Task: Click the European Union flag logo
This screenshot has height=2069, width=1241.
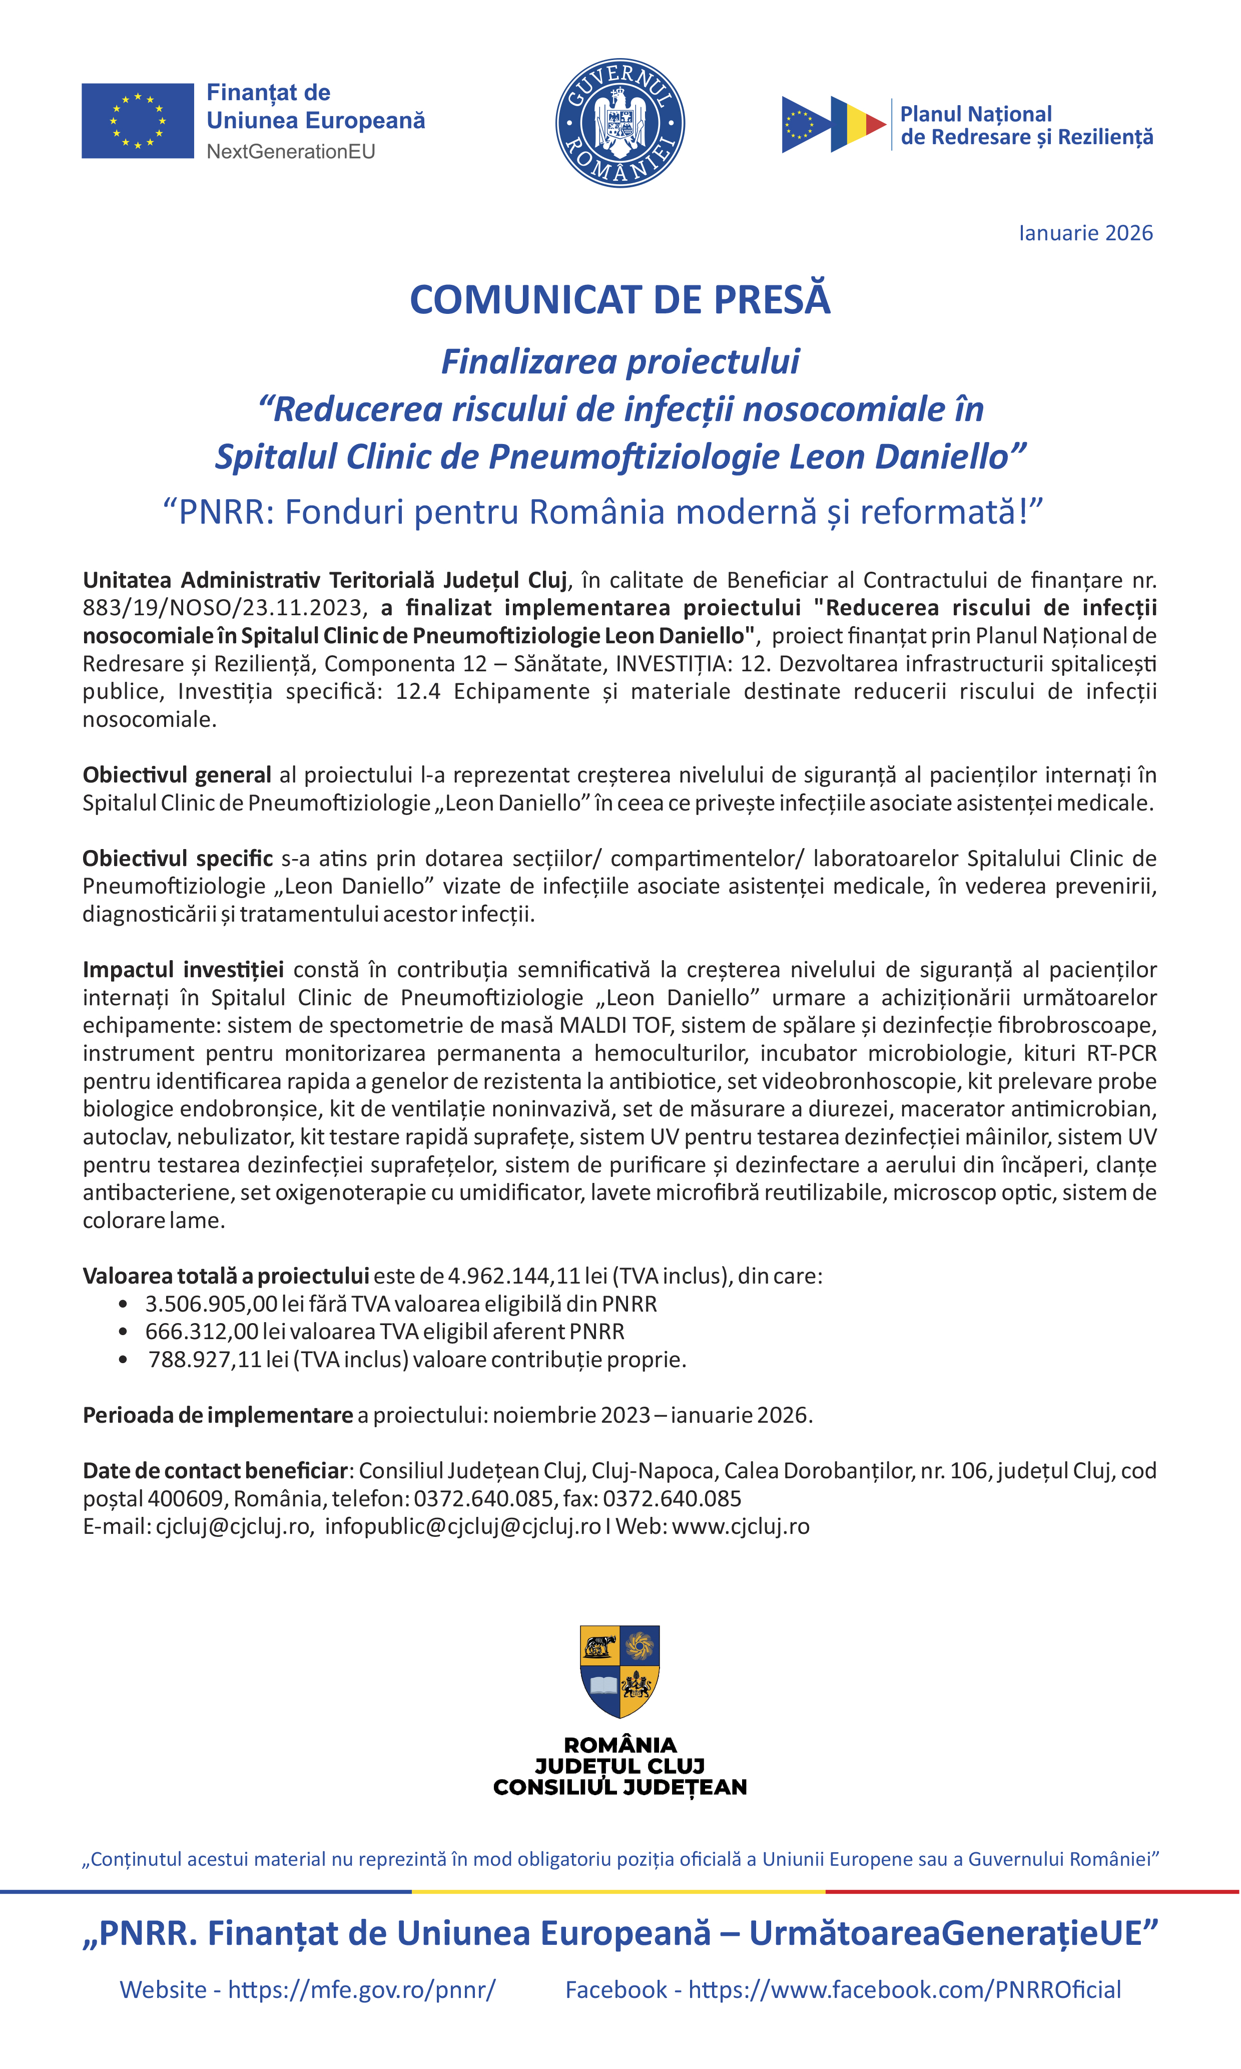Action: pyautogui.click(x=137, y=121)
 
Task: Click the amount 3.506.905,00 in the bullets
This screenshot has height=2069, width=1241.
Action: pyautogui.click(x=211, y=1304)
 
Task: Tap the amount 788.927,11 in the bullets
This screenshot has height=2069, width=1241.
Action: pyautogui.click(x=205, y=1360)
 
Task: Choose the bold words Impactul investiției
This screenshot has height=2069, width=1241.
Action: pyautogui.click(x=182, y=970)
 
